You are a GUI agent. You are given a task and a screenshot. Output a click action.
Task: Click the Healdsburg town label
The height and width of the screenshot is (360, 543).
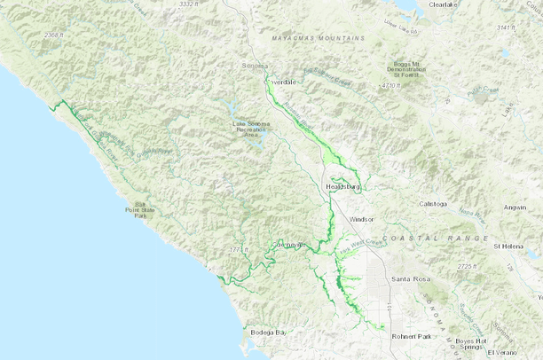[341, 188]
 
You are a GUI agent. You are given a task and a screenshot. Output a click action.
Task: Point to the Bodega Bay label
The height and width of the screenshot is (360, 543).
[269, 332]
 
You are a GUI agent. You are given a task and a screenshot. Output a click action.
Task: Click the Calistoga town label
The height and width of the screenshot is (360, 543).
[436, 203]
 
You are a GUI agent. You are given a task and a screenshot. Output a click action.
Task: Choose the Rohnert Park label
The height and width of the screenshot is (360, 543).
[411, 337]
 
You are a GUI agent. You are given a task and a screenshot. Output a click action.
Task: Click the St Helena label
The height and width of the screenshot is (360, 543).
[510, 246]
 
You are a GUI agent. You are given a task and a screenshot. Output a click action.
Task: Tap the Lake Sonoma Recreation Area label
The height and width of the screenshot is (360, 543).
[250, 129]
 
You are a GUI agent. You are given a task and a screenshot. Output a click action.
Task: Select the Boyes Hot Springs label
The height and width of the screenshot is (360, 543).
[472, 344]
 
